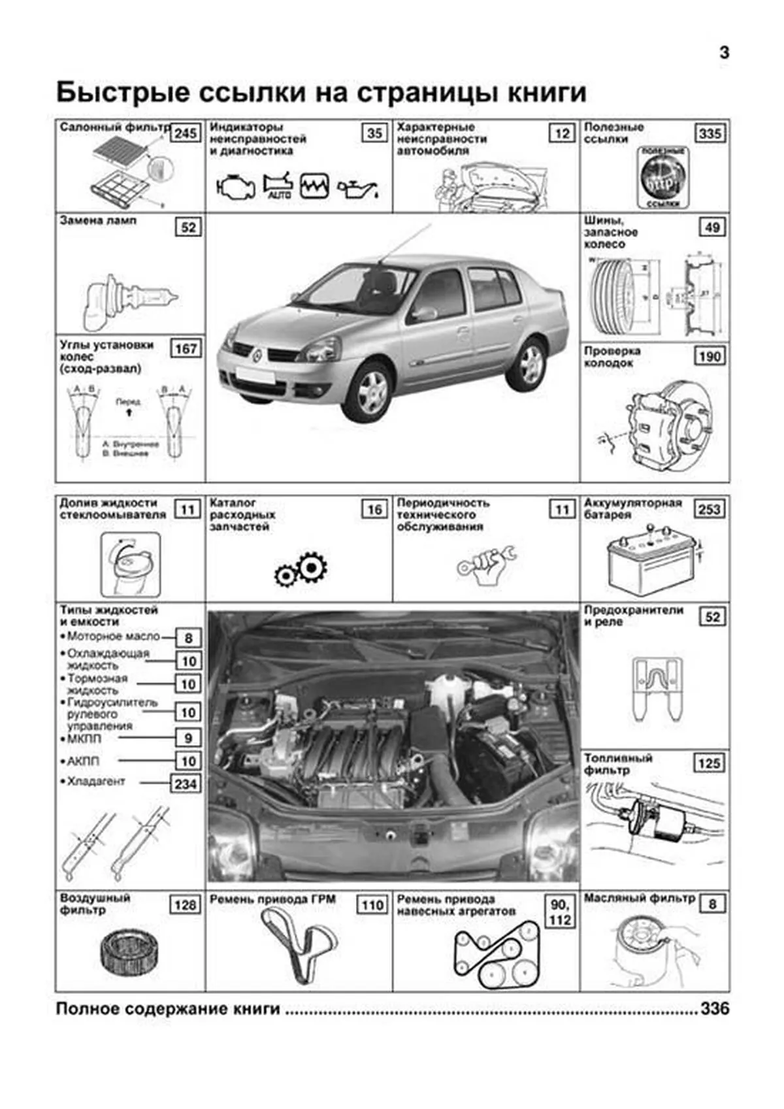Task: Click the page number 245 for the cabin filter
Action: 185,133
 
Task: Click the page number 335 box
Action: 710,133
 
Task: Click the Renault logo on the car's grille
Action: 258,356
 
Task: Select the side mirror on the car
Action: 424,314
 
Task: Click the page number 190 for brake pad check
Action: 709,356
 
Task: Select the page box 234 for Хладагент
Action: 186,783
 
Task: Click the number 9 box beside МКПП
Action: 188,738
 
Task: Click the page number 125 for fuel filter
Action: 709,763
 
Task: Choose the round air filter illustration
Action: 130,950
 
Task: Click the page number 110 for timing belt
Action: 372,905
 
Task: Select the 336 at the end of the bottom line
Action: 715,1008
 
